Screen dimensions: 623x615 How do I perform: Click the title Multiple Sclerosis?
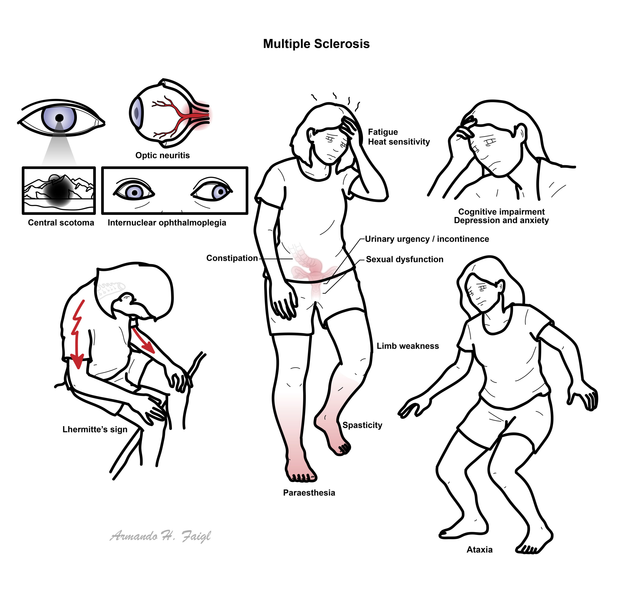click(316, 44)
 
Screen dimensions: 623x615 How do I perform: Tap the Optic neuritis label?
click(163, 155)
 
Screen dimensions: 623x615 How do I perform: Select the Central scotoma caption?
click(61, 223)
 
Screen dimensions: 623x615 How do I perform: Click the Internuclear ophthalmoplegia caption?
click(167, 223)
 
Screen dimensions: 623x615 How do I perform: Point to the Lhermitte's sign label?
click(95, 430)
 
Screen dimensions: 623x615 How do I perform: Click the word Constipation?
click(232, 258)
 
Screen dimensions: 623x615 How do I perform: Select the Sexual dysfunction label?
click(405, 259)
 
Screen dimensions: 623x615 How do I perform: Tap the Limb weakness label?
click(408, 346)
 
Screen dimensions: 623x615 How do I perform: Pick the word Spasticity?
click(362, 425)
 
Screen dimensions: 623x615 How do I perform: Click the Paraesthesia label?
click(309, 492)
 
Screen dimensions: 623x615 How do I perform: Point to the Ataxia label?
click(479, 550)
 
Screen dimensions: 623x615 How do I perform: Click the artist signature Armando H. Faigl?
click(160, 536)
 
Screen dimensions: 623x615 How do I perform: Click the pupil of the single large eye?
click(59, 118)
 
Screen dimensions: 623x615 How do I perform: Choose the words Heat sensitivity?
click(399, 142)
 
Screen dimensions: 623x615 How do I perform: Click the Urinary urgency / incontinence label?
click(427, 239)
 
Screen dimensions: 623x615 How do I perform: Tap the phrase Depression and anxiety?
click(501, 220)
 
